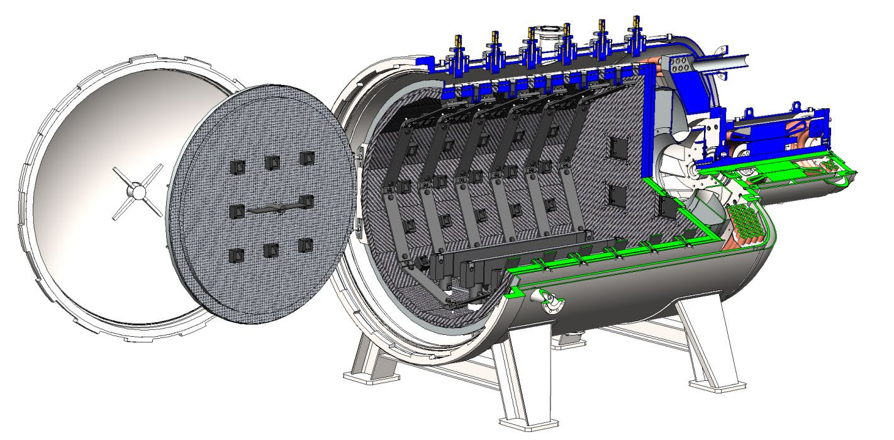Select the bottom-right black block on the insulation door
[x=306, y=245]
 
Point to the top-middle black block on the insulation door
[x=272, y=162]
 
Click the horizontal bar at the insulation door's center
[x=271, y=210]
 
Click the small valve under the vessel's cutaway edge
[x=547, y=302]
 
